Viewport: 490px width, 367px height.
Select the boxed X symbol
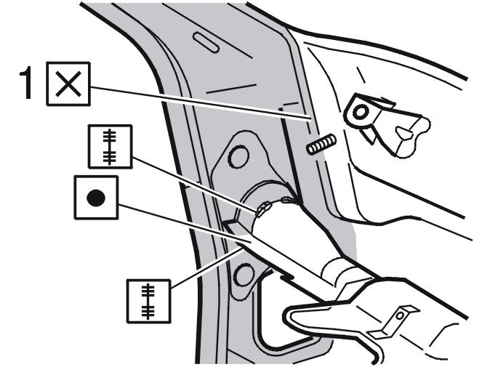(x=68, y=84)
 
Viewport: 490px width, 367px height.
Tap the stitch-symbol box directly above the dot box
(x=110, y=147)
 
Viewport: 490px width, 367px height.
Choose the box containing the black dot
(x=96, y=197)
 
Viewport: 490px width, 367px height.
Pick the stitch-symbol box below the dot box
(x=149, y=301)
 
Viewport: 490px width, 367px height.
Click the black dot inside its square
(x=96, y=198)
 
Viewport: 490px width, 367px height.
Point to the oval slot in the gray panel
(x=206, y=42)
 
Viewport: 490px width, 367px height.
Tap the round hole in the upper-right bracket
(x=360, y=113)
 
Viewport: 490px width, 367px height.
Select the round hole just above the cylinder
(x=239, y=156)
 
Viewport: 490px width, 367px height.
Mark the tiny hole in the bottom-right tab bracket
(x=400, y=316)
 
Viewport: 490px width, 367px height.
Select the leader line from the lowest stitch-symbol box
(x=207, y=267)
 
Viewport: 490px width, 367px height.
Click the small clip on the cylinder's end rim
(x=263, y=209)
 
